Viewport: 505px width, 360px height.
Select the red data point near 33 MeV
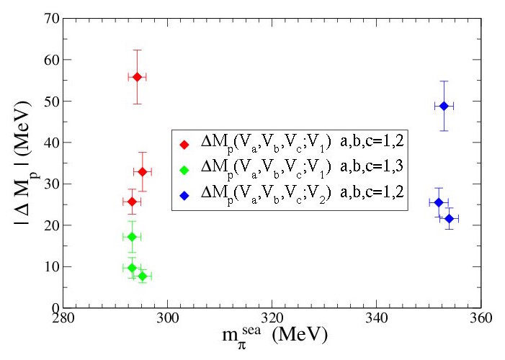pyautogui.click(x=142, y=171)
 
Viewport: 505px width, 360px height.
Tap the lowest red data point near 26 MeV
pyautogui.click(x=132, y=202)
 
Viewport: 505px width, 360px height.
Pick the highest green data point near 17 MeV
pyautogui.click(x=132, y=236)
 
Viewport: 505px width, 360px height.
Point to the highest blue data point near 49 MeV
pyautogui.click(x=444, y=106)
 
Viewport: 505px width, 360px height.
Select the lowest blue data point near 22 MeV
pyautogui.click(x=449, y=218)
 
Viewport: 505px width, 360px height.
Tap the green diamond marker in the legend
pyautogui.click(x=184, y=169)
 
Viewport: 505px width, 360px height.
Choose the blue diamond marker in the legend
pyautogui.click(x=184, y=194)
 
